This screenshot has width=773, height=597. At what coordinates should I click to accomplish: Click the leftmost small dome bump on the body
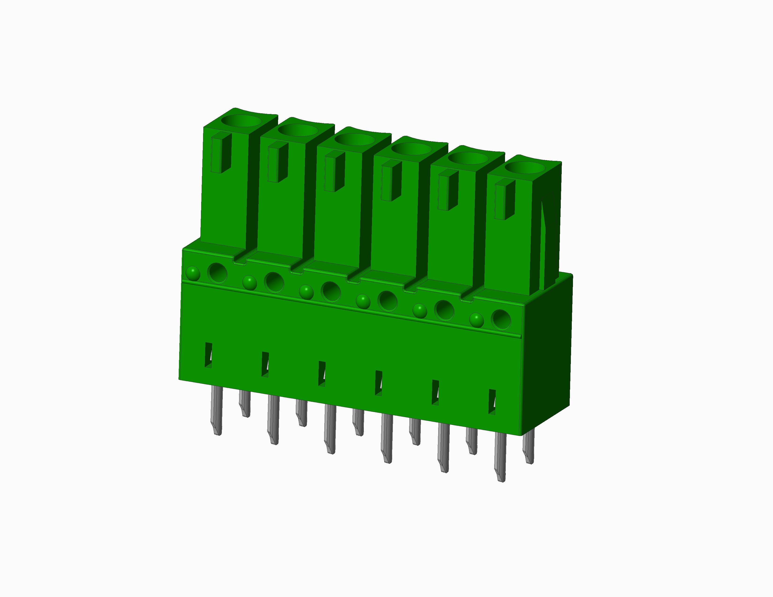193,273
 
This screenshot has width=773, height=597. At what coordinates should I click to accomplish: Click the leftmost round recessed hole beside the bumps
217,273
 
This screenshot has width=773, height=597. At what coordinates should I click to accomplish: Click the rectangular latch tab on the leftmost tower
221,153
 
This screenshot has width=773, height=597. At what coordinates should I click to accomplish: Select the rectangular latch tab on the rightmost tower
504,199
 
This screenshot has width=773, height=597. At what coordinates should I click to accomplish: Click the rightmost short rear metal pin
528,448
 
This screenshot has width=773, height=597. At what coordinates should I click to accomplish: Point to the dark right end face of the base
547,354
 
